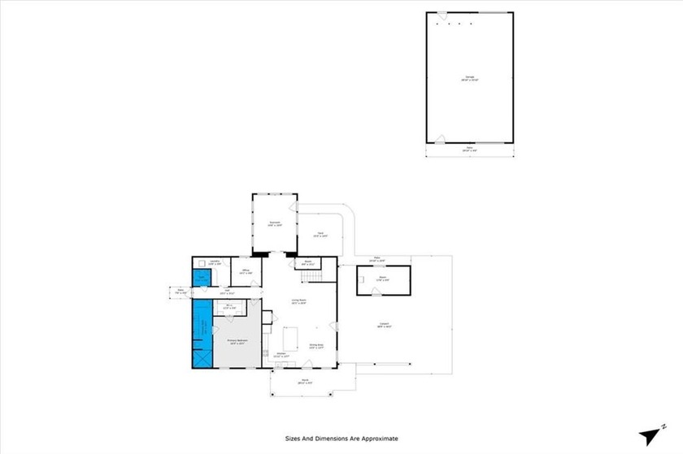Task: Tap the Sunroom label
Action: pos(275,223)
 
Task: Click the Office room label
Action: pos(245,271)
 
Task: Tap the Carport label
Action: pos(383,325)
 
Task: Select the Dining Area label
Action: pos(315,347)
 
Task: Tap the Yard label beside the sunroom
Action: pos(322,236)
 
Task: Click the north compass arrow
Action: pos(650,434)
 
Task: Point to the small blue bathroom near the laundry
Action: pos(202,279)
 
